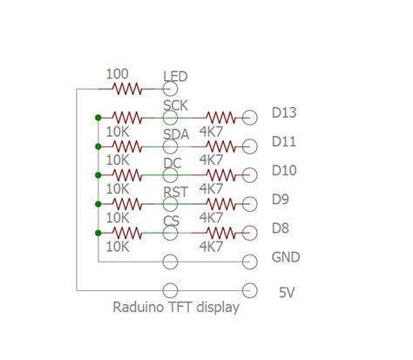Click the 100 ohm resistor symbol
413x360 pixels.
click(126, 88)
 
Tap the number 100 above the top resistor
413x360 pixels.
click(118, 74)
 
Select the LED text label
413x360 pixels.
click(175, 77)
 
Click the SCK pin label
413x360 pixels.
click(175, 105)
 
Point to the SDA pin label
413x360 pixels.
click(176, 133)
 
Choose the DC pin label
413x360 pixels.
click(173, 163)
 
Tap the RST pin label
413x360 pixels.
click(176, 192)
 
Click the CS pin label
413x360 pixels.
click(172, 221)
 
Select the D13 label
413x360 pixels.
click(284, 112)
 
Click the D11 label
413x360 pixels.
click(284, 141)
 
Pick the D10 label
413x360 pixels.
click(284, 170)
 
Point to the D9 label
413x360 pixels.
click(281, 200)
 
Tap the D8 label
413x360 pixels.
click(281, 228)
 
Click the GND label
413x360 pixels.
click(286, 258)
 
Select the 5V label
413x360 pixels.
click(287, 293)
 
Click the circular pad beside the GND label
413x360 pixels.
click(251, 262)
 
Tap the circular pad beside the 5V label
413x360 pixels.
click(251, 290)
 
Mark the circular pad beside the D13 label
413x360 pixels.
click(251, 117)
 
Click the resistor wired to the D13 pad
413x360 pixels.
click(220, 117)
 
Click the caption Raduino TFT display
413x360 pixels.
click(176, 307)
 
